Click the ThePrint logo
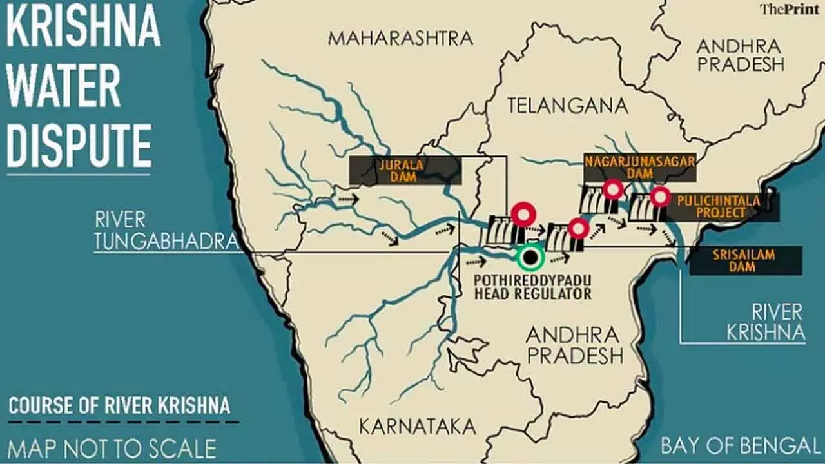(x=791, y=9)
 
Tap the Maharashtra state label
(x=400, y=38)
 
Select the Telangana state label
(x=567, y=106)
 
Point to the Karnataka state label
(x=417, y=426)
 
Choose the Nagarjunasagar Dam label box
(x=640, y=167)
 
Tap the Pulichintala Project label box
(x=718, y=207)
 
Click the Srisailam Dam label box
(x=745, y=260)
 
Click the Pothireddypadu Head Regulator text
(x=532, y=287)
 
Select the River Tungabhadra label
(x=165, y=230)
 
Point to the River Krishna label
(x=766, y=322)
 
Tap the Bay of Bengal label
(x=740, y=445)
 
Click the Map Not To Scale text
(x=112, y=447)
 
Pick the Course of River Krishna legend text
(x=119, y=406)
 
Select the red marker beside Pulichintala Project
(x=659, y=197)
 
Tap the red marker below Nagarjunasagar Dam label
(x=612, y=189)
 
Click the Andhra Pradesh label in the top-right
(x=740, y=55)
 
